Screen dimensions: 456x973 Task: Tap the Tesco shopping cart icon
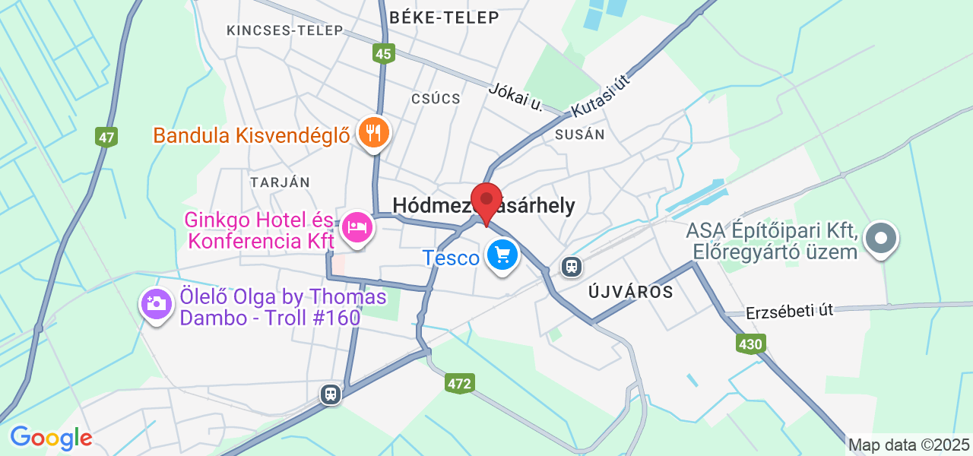(x=502, y=255)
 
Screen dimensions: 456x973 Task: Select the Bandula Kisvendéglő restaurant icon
(x=373, y=133)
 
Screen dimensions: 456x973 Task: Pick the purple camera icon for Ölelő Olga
(x=156, y=305)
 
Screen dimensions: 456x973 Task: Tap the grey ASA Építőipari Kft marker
(x=881, y=238)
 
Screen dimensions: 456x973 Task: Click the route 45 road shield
(x=384, y=53)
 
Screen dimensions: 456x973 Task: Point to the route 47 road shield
(x=107, y=138)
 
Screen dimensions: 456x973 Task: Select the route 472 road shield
(x=460, y=383)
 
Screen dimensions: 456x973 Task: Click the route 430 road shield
(x=750, y=344)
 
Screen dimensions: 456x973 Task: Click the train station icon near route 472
(x=331, y=394)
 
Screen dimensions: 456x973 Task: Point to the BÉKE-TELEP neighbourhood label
(x=444, y=17)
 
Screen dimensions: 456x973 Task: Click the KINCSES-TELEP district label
(x=285, y=30)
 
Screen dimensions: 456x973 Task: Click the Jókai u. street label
(x=517, y=97)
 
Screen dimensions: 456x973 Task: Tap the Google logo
(x=51, y=438)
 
